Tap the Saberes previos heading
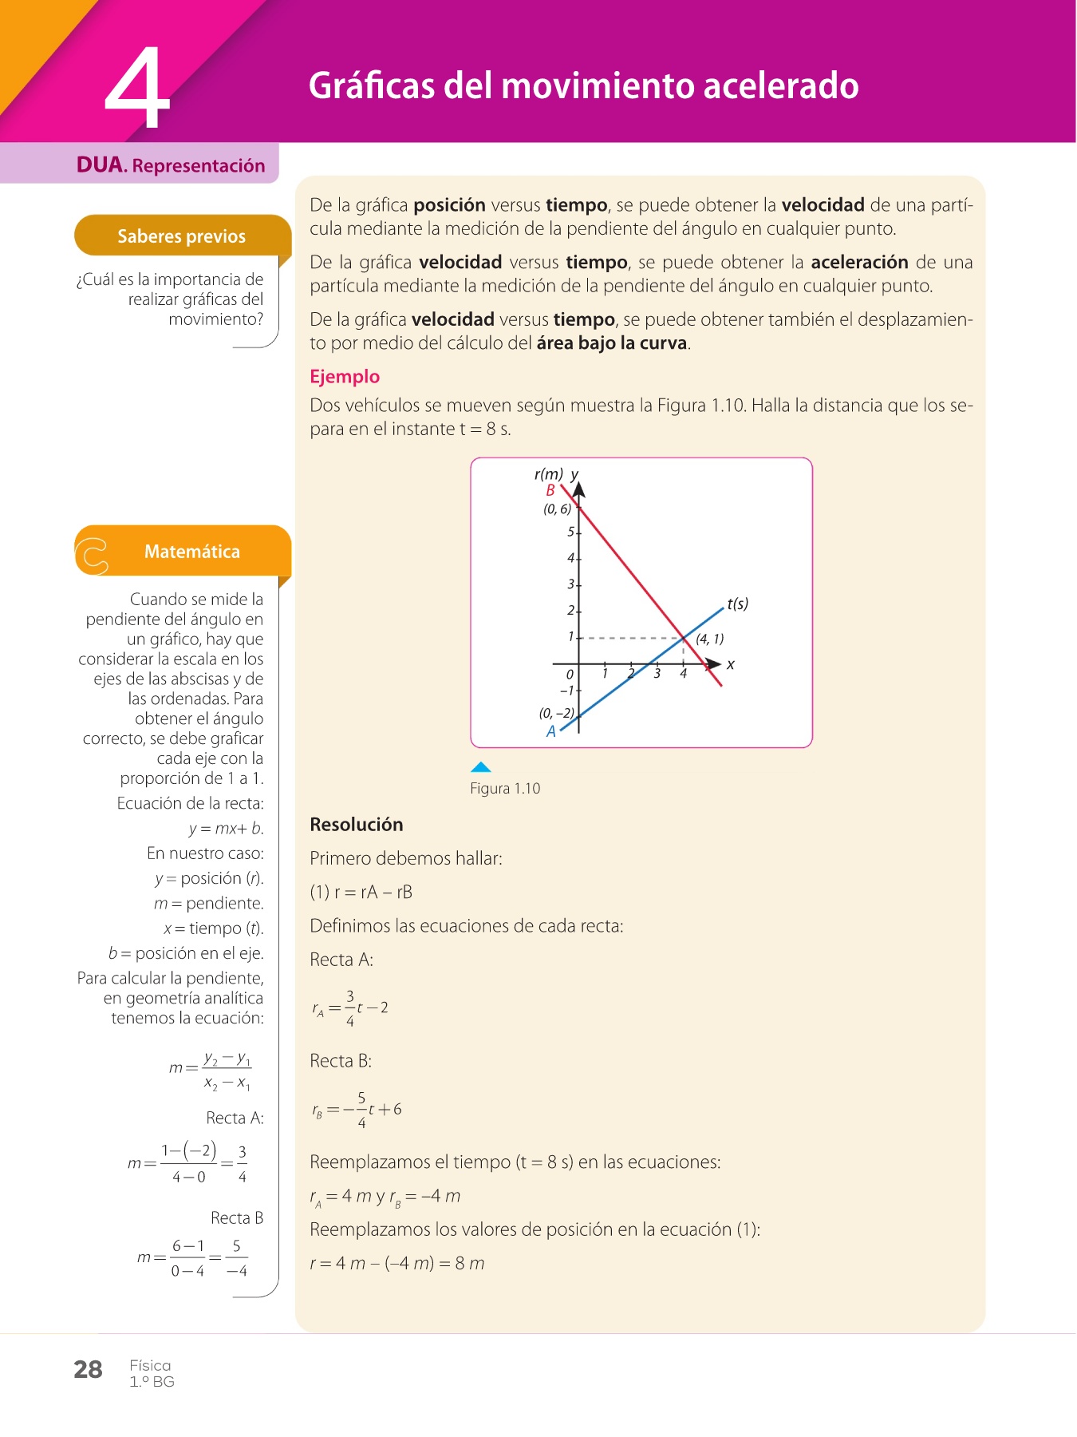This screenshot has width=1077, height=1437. (181, 236)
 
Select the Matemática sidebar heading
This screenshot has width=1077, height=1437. (191, 552)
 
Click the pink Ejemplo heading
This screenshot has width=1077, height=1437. (345, 377)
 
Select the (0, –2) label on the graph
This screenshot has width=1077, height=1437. (556, 713)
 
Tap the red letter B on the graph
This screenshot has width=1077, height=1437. (550, 491)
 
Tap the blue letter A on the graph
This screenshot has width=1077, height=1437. (550, 731)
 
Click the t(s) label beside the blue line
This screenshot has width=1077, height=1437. (738, 604)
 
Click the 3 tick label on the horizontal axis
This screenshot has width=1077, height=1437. (657, 674)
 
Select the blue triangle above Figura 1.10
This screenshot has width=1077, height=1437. (480, 767)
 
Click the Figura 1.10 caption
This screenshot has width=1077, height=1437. (505, 789)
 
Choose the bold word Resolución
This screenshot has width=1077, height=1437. (357, 825)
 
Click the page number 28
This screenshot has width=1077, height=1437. (88, 1370)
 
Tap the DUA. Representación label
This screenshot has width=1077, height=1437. (171, 165)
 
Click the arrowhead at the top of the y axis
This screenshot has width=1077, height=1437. (579, 489)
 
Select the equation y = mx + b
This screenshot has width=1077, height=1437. (226, 829)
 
